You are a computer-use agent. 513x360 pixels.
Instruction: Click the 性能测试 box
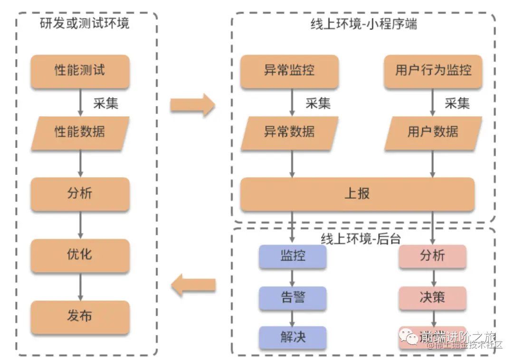[80, 71]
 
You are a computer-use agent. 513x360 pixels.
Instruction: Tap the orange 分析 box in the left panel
[80, 194]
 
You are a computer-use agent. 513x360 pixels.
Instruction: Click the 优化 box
[80, 255]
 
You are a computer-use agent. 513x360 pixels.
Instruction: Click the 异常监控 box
[289, 71]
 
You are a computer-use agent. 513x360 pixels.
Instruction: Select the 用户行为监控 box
[433, 71]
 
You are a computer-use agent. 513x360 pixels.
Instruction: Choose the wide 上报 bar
[357, 194]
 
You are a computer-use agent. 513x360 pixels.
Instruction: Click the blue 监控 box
[293, 256]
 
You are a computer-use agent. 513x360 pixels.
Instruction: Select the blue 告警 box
[293, 298]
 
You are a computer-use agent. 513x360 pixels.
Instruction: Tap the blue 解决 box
[293, 338]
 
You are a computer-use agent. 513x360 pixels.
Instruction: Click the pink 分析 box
[432, 256]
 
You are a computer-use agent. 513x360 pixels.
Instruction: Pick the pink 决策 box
[432, 298]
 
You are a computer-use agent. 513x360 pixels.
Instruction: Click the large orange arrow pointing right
[192, 105]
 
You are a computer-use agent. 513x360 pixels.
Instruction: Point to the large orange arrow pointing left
[193, 285]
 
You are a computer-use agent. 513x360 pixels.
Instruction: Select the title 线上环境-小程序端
[364, 24]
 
